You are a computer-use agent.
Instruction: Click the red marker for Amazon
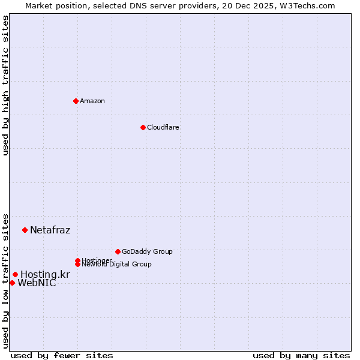(76, 101)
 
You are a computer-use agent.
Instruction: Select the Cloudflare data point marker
(143, 127)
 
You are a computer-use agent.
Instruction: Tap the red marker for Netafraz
(25, 230)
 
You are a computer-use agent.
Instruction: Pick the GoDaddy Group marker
(118, 251)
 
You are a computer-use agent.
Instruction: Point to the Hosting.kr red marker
(15, 274)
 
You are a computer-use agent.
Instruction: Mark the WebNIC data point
(12, 283)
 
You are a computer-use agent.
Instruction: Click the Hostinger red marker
(77, 260)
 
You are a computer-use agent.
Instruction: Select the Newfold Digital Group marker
(77, 264)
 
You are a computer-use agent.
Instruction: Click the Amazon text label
(92, 101)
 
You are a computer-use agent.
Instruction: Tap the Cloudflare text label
(163, 127)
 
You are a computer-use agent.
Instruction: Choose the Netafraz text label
(50, 230)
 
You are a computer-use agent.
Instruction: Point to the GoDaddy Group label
(147, 251)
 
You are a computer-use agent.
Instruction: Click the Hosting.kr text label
(45, 274)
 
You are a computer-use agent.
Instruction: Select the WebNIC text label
(37, 283)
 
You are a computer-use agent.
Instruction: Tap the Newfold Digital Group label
(117, 265)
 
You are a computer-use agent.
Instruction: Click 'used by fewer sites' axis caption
(62, 355)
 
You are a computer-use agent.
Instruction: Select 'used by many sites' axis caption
(301, 355)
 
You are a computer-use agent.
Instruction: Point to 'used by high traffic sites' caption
(6, 85)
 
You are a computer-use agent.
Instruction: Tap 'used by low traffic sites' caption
(6, 280)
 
